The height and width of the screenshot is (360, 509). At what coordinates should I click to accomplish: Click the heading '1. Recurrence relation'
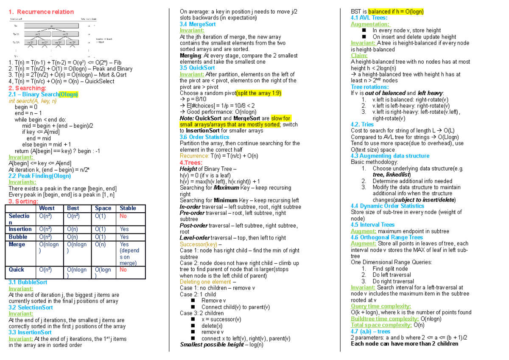[x=41, y=12]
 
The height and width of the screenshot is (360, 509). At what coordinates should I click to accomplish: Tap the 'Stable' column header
[x=128, y=208]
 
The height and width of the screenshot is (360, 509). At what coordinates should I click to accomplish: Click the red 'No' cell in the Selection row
[x=123, y=216]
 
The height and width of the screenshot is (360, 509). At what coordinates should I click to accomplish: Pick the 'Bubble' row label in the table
[x=18, y=237]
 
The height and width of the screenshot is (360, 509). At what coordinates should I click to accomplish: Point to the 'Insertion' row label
[x=20, y=229]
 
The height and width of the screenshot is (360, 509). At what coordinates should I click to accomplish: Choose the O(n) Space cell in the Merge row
[x=100, y=244]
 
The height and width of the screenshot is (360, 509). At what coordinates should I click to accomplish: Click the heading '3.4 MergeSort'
[x=198, y=25]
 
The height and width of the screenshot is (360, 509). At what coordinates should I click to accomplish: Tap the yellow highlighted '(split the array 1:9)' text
[x=259, y=93]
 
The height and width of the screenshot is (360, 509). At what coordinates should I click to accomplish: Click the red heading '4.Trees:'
[x=191, y=163]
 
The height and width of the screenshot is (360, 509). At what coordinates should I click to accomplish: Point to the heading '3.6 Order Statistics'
[x=204, y=137]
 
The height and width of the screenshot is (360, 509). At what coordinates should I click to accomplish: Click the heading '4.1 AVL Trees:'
[x=369, y=18]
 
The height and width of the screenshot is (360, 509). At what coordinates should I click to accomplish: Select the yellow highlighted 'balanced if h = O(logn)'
[x=396, y=11]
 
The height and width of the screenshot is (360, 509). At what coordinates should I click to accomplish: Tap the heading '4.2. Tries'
[x=362, y=124]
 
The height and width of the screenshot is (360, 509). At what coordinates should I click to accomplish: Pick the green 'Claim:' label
[x=359, y=56]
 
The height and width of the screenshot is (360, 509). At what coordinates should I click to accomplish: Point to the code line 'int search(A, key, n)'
[x=33, y=101]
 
